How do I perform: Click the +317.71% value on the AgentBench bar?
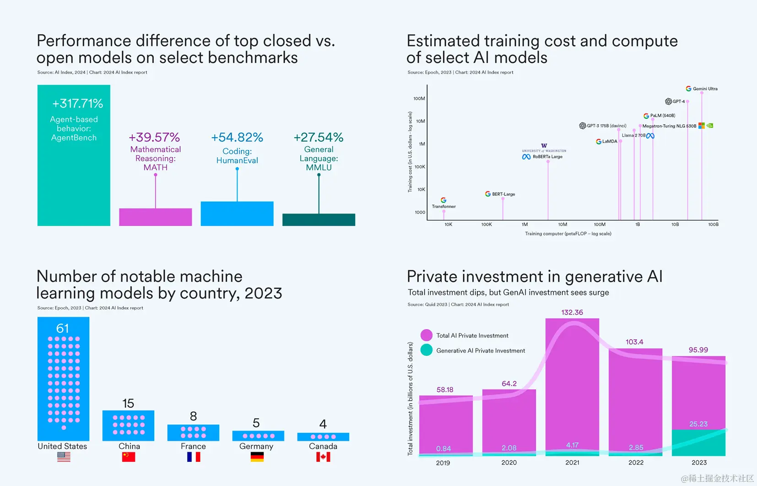[77, 104]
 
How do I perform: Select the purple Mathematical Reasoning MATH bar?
[155, 217]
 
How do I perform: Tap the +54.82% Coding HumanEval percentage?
[237, 138]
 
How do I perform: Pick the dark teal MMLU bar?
[319, 219]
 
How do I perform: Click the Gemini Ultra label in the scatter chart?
[705, 89]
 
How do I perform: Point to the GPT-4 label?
[678, 101]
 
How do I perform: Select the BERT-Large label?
[503, 194]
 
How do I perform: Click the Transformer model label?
[443, 207]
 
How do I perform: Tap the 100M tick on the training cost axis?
[419, 99]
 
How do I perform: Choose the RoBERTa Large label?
[547, 157]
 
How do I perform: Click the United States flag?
[64, 457]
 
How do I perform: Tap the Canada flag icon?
[323, 457]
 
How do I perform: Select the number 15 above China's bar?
[128, 403]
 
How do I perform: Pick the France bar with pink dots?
[193, 433]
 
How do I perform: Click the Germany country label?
[256, 446]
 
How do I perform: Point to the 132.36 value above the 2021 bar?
[572, 312]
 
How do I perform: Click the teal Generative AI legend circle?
[427, 350]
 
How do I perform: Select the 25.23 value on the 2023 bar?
[698, 424]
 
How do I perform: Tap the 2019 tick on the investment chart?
[443, 463]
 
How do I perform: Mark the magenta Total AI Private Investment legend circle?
[427, 335]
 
